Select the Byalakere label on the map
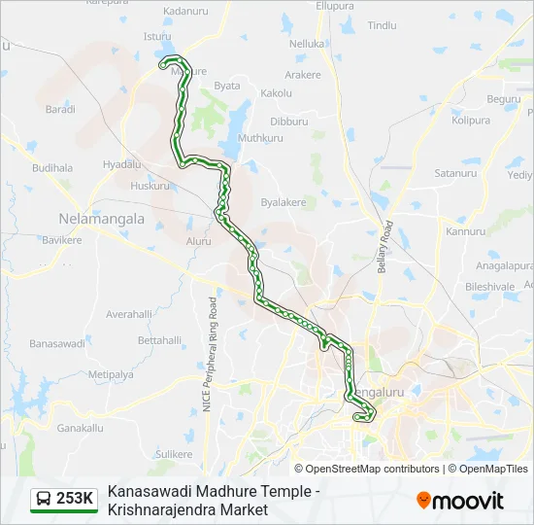point(284,202)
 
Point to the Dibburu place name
point(288,122)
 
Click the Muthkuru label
point(260,138)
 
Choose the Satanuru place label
point(456,173)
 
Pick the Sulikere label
point(175,454)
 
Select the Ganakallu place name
point(80,428)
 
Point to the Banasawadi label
point(58,344)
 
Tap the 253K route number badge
point(75,499)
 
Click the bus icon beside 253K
point(44,499)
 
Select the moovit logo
point(460,501)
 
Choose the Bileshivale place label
point(489,287)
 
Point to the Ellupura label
point(336,6)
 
